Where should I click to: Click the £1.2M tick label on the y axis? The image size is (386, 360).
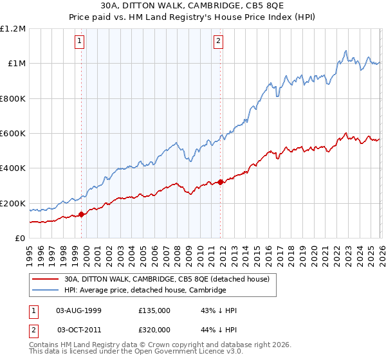point(13,29)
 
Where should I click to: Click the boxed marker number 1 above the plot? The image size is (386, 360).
point(80,42)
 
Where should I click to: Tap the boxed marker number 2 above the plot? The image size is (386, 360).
point(218,42)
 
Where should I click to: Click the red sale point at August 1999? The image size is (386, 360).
point(81,215)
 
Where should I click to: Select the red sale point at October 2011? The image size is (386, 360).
point(221,182)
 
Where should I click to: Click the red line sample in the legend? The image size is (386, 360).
point(46,279)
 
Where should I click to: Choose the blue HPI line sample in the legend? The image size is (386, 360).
point(46,290)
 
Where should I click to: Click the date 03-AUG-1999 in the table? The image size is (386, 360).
point(79,310)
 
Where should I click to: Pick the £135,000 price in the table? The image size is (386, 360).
point(154,310)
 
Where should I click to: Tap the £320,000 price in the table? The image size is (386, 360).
point(154,329)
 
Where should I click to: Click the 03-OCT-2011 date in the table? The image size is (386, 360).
point(79,329)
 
